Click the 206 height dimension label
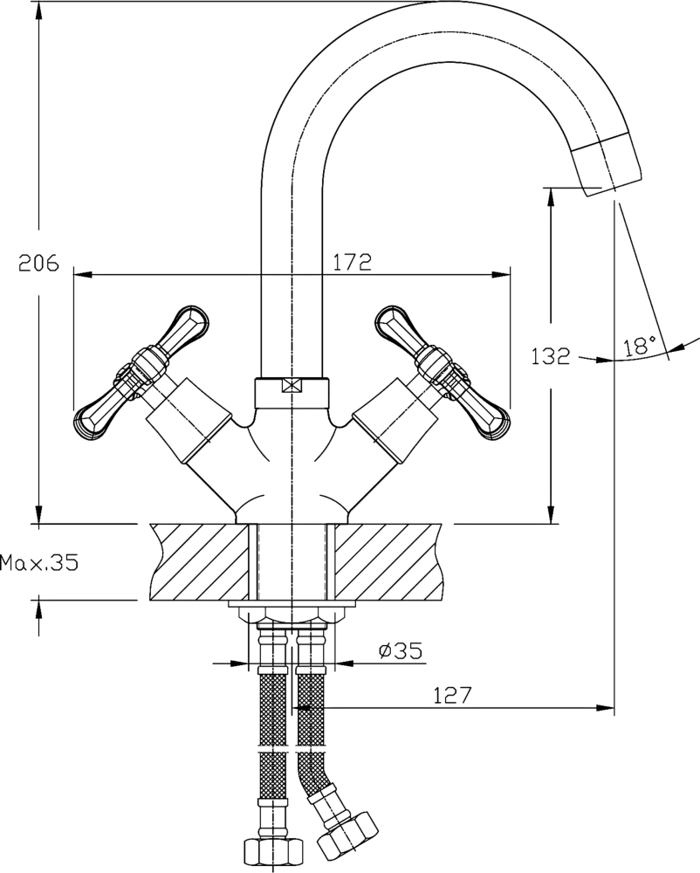pos(38,263)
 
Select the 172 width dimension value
pos(352,261)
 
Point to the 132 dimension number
pos(550,356)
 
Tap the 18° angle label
pos(640,346)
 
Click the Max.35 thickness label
pos(38,563)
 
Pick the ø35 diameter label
pos(400,650)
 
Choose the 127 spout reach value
pos(452,696)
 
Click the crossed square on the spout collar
pos(291,385)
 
